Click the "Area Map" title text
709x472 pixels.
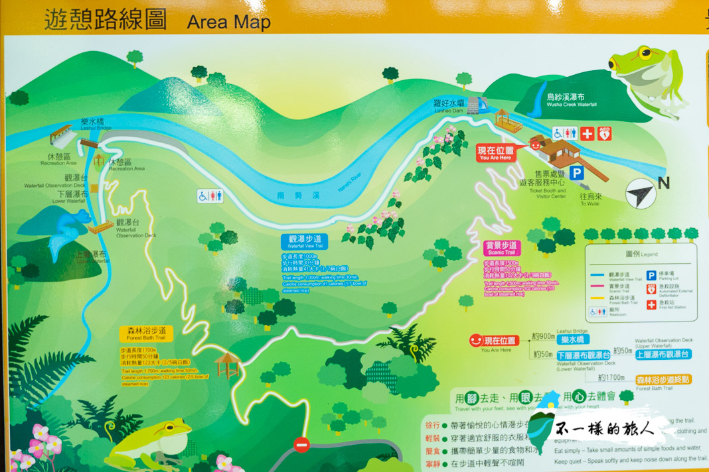click(228, 22)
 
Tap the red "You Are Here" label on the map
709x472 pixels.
click(495, 154)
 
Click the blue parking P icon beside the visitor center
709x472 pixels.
click(576, 173)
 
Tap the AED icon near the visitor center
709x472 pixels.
click(604, 133)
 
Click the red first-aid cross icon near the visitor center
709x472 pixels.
click(587, 133)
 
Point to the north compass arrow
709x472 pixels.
click(641, 194)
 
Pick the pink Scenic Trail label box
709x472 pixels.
click(501, 247)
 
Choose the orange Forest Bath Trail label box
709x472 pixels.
click(147, 333)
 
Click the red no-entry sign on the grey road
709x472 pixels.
click(301, 444)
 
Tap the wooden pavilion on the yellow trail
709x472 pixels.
click(228, 364)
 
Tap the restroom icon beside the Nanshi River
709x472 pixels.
click(210, 196)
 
